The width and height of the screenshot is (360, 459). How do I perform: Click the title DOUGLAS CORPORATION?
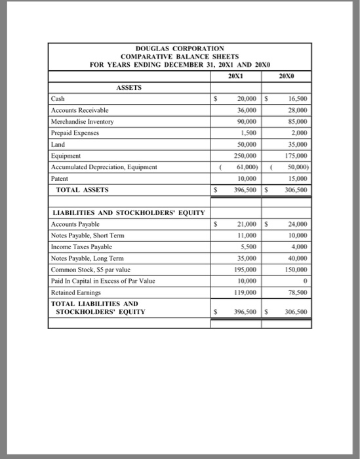180,49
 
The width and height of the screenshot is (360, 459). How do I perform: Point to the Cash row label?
58,100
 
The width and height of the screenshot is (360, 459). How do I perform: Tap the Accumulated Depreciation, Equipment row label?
103,167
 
